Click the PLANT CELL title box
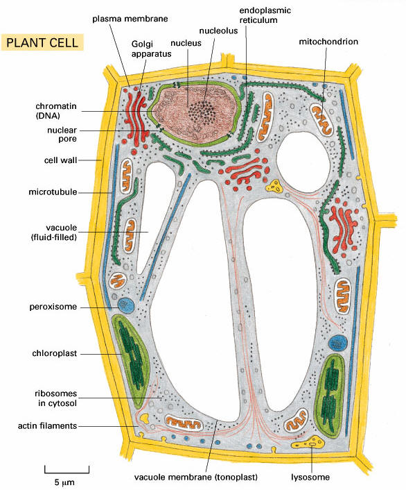click(42, 42)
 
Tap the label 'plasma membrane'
click(130, 19)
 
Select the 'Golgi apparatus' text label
click(151, 49)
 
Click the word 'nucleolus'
click(218, 31)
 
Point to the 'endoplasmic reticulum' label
click(265, 15)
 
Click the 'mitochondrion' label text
click(328, 42)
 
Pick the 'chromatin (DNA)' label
click(56, 110)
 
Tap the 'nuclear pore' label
click(62, 135)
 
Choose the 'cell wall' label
click(60, 160)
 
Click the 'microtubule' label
click(53, 192)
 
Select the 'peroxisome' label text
click(53, 307)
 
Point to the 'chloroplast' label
click(54, 353)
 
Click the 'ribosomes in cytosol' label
click(55, 398)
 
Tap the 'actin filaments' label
click(47, 425)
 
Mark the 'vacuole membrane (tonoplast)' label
click(196, 478)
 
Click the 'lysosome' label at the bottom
click(310, 478)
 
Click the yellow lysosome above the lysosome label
click(308, 443)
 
